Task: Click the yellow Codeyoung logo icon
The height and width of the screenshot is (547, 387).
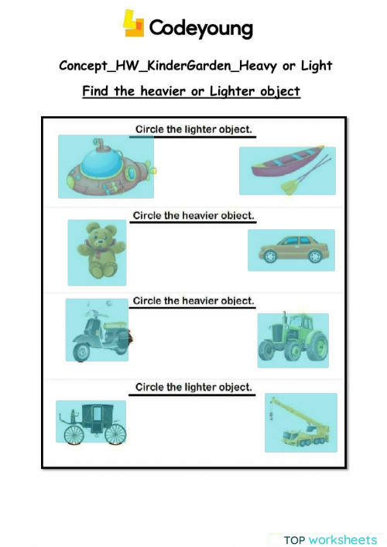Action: (x=133, y=24)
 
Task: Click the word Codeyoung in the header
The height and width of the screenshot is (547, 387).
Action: (x=200, y=29)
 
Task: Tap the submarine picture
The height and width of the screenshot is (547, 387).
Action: (x=105, y=166)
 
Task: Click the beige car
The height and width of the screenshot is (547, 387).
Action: (x=291, y=249)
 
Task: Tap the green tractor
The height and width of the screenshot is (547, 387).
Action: (x=293, y=339)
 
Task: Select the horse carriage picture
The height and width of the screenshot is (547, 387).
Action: (x=90, y=422)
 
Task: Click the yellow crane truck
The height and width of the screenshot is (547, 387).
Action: (x=300, y=423)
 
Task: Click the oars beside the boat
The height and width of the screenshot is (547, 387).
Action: (x=307, y=176)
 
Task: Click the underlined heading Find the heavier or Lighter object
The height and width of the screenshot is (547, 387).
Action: (x=191, y=91)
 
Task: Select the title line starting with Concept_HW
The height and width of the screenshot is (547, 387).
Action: (x=195, y=66)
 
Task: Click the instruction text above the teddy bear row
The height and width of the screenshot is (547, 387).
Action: (x=193, y=215)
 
